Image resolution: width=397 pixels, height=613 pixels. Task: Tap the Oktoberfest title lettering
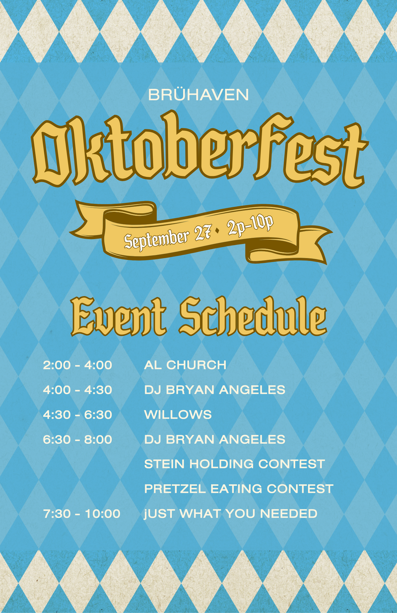point(200,150)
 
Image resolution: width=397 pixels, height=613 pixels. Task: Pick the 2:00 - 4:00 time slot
point(77,365)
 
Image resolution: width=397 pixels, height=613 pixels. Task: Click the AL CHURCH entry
point(185,365)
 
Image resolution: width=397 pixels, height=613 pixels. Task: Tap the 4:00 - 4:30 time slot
point(77,390)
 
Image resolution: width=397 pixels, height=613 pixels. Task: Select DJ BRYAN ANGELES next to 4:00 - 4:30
point(215,390)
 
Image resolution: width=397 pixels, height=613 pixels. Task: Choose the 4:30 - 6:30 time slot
point(77,415)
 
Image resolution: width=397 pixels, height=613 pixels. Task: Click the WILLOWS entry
point(178,415)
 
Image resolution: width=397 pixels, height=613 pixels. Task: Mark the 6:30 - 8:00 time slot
point(77,439)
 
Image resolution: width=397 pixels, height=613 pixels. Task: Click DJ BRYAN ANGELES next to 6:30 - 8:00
point(215,439)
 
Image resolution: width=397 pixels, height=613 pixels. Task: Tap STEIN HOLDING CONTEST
point(234,464)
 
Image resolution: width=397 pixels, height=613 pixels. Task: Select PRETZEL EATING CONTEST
point(239,489)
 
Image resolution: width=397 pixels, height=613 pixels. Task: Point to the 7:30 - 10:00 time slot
point(81,514)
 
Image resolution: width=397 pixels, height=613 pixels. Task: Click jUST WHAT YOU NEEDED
point(231,514)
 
